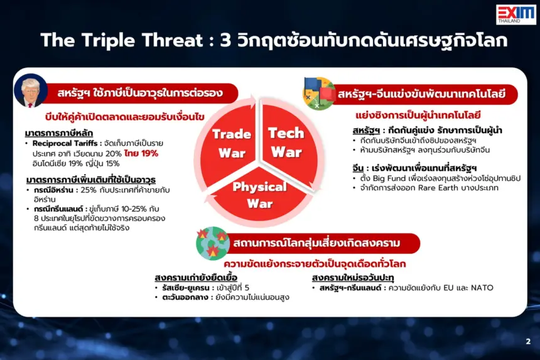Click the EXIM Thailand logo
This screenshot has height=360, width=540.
point(516,14)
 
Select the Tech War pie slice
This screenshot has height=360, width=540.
point(289,145)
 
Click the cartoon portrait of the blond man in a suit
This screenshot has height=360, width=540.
point(31,90)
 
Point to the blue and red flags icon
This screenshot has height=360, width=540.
point(318,94)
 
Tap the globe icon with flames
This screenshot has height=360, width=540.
point(212,243)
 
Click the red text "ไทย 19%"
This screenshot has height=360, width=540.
point(141,153)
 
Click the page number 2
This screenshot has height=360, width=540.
point(528,341)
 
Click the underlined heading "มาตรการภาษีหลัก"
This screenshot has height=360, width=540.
point(59,133)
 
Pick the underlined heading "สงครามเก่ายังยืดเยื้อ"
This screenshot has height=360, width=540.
point(196,278)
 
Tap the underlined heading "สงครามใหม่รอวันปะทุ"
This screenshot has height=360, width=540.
point(353,278)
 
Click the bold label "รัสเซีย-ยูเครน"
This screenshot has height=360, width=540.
point(186,288)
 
